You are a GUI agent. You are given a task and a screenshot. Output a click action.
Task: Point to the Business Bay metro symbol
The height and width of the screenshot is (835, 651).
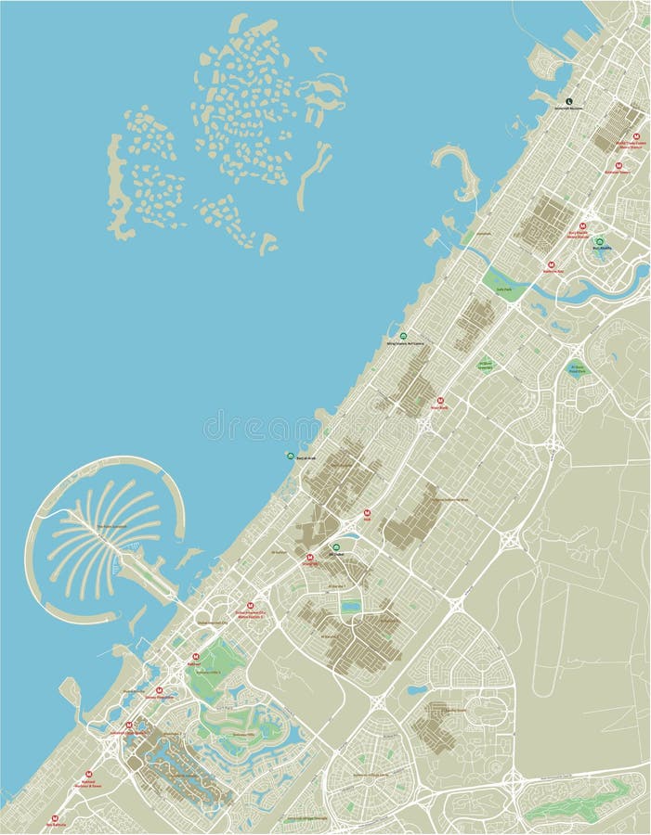coord(552,264)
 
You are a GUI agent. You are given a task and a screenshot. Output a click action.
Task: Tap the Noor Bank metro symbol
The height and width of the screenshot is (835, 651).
coord(440,400)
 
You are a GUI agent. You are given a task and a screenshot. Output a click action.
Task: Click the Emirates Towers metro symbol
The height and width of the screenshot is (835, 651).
coord(618,165)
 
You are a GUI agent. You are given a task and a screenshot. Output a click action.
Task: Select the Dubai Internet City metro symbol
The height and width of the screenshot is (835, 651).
coord(249,606)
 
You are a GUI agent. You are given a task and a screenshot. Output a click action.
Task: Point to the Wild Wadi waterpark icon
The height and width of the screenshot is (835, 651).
coord(403,336)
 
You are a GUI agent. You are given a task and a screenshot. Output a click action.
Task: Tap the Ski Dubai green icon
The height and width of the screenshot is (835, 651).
coord(335,548)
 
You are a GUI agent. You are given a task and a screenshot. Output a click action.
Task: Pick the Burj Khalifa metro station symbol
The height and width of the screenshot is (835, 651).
coord(583,226)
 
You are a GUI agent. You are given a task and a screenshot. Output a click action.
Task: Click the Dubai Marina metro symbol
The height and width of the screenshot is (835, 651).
coord(159,690)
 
